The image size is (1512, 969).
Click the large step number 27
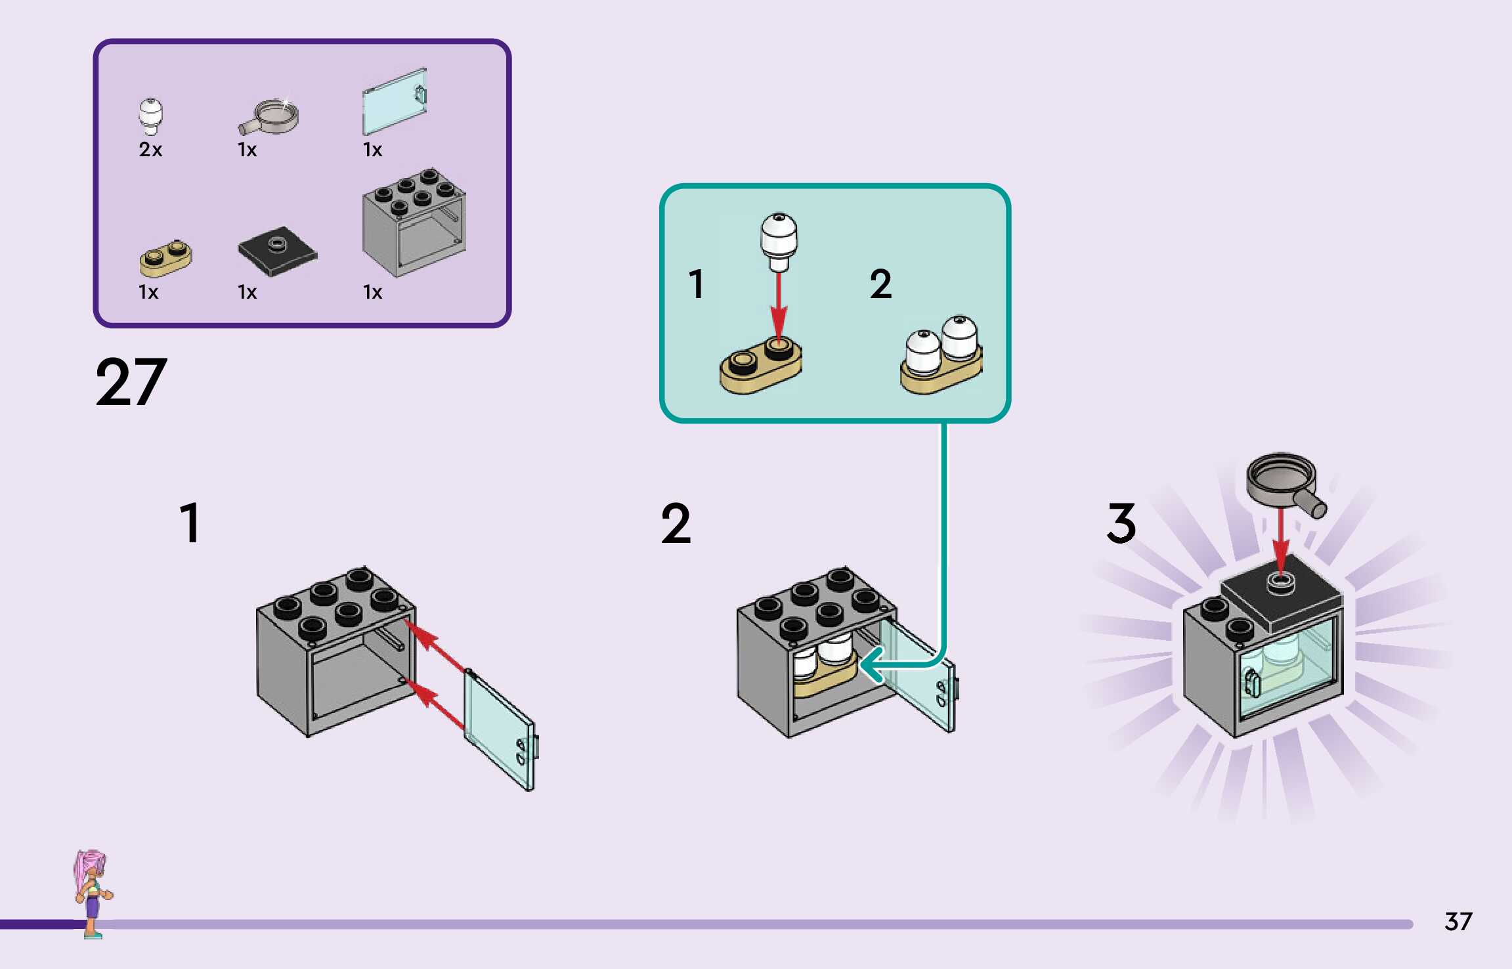click(x=131, y=382)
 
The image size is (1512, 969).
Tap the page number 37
click(x=1458, y=922)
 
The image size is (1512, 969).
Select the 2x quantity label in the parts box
click(x=150, y=150)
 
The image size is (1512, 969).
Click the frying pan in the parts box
click(x=268, y=116)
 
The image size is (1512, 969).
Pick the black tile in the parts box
click(x=278, y=251)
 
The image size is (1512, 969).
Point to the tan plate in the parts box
click(x=165, y=258)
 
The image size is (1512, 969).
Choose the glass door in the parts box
click(x=395, y=101)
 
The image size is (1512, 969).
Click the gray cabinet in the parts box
click(x=414, y=223)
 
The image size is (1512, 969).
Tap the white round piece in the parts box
click(x=150, y=117)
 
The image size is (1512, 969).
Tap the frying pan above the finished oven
click(x=1286, y=484)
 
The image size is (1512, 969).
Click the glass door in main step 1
click(x=500, y=729)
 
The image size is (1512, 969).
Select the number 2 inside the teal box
click(x=881, y=284)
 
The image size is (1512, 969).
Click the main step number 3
click(x=1121, y=523)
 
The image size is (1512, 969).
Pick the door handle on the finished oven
click(x=1252, y=683)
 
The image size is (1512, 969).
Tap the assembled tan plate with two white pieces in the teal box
click(x=941, y=355)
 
